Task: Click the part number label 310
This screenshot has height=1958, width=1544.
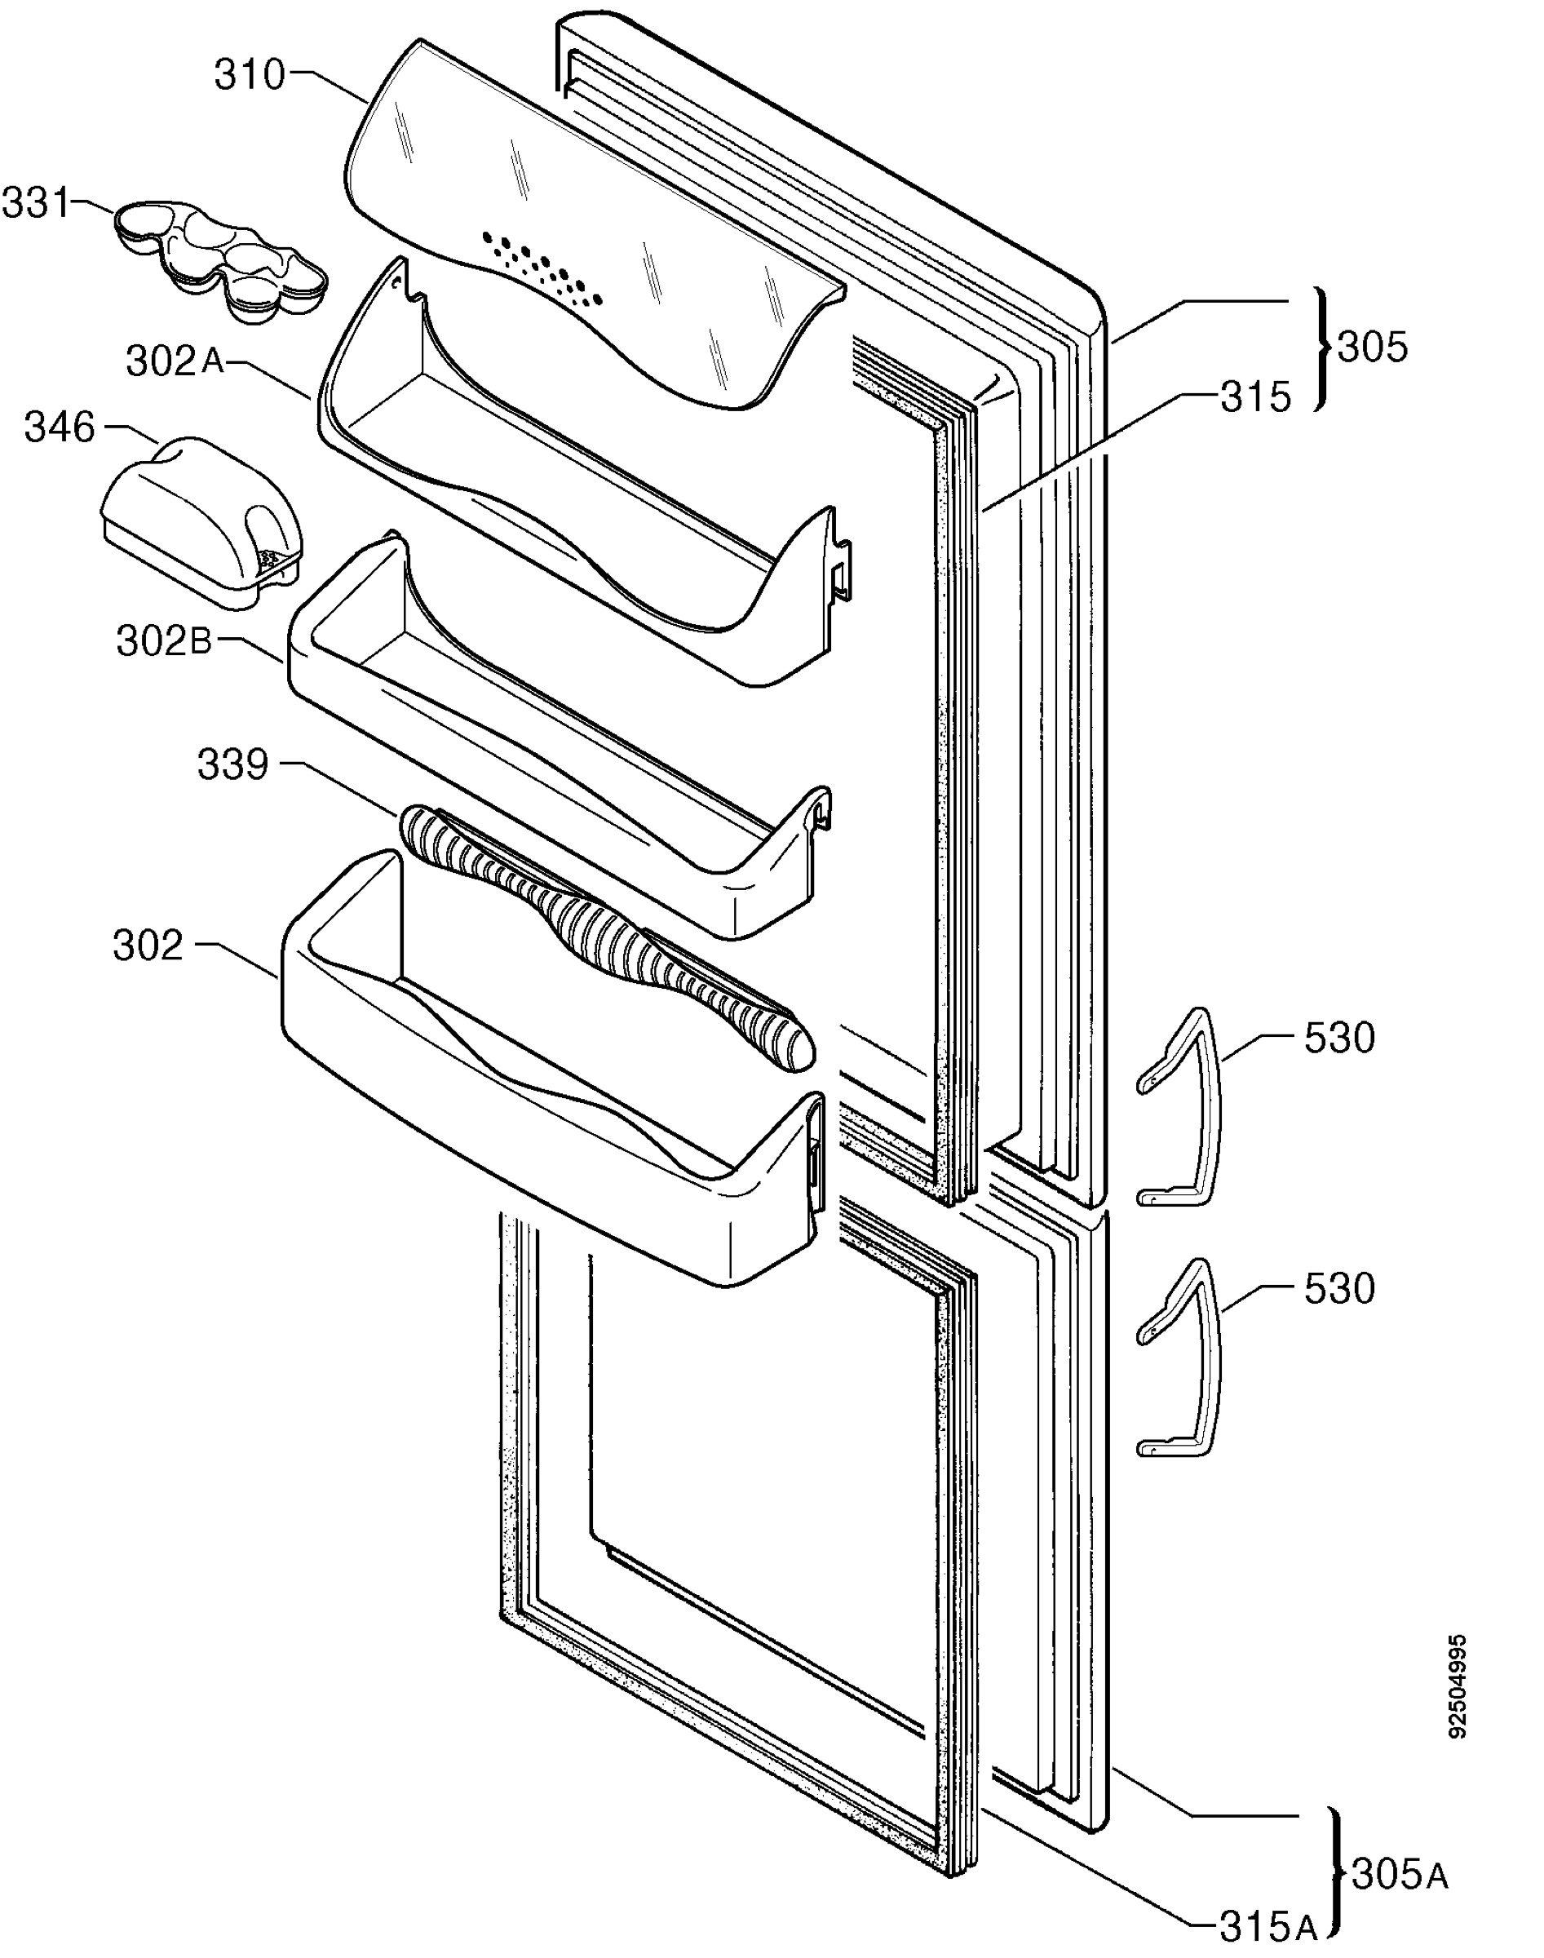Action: [x=250, y=75]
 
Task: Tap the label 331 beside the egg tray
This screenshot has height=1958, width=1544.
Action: [x=36, y=203]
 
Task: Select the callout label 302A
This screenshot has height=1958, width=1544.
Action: [x=175, y=361]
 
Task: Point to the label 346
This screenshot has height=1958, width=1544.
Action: [x=60, y=427]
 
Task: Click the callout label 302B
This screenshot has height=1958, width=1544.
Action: [x=164, y=641]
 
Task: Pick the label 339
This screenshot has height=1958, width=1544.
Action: [x=233, y=764]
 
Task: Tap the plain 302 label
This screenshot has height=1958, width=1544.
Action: [x=148, y=946]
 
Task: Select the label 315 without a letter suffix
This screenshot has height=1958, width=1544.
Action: [x=1255, y=396]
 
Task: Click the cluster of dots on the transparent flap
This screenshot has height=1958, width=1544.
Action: [x=542, y=268]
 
